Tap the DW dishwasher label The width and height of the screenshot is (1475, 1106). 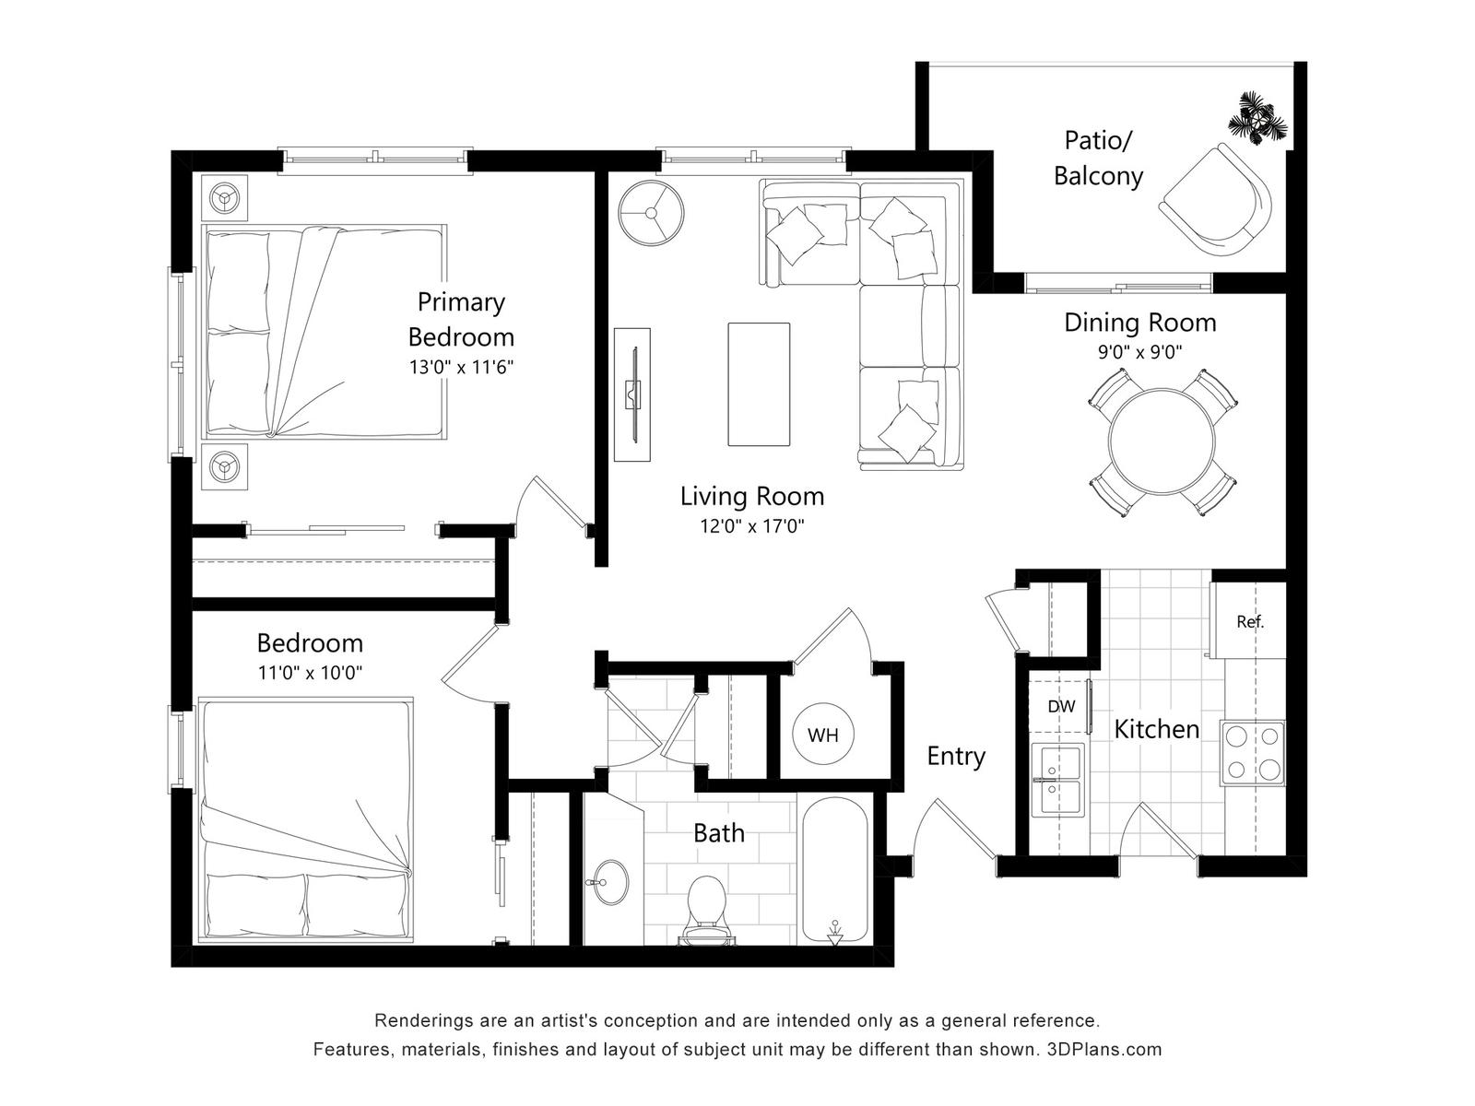pyautogui.click(x=1061, y=706)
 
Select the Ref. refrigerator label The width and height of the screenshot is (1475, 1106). pyautogui.click(x=1250, y=622)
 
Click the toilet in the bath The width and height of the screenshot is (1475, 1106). pyautogui.click(x=707, y=910)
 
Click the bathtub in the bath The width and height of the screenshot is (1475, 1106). pyautogui.click(x=834, y=871)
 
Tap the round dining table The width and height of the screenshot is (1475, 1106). pyautogui.click(x=1162, y=441)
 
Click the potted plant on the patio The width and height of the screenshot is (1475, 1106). pyautogui.click(x=1257, y=120)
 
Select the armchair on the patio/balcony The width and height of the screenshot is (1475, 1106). pyautogui.click(x=1216, y=199)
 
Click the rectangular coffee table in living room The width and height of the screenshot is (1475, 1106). pyautogui.click(x=759, y=384)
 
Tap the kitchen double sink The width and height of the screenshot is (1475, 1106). pyautogui.click(x=1058, y=780)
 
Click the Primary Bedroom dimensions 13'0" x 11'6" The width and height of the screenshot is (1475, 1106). pyautogui.click(x=462, y=368)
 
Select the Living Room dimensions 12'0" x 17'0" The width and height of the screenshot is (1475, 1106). pyautogui.click(x=752, y=525)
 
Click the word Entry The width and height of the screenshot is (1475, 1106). pyautogui.click(x=956, y=757)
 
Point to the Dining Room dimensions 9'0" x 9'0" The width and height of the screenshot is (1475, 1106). pyautogui.click(x=1140, y=351)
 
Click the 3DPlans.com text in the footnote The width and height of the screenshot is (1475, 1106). pyautogui.click(x=1104, y=1050)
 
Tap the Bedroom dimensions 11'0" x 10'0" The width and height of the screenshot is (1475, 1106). pyautogui.click(x=311, y=672)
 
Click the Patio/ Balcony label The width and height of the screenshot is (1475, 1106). pyautogui.click(x=1098, y=159)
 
